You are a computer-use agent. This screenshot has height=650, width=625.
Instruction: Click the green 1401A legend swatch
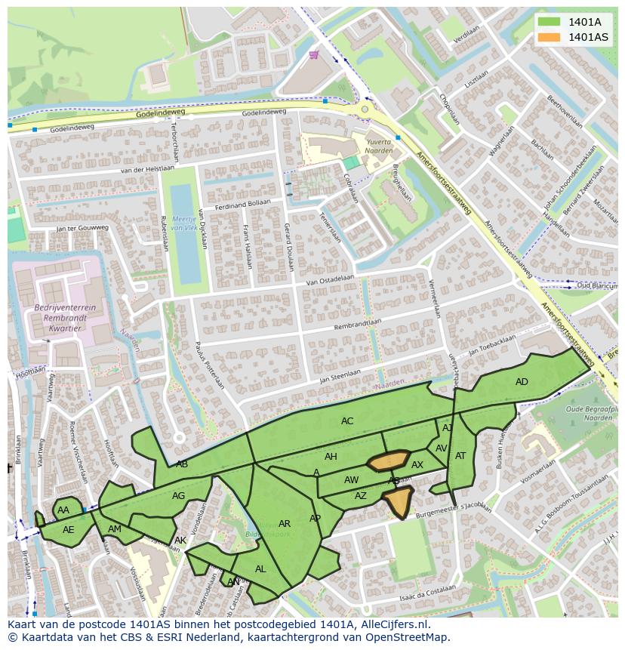click(550, 22)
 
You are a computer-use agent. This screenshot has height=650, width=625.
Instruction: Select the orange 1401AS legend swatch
click(550, 37)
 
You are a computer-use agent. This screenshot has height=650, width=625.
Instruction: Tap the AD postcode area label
click(522, 382)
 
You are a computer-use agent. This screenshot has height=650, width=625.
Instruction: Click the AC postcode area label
click(347, 421)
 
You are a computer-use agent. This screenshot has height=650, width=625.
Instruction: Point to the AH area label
click(331, 457)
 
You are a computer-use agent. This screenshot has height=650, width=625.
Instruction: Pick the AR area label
click(285, 524)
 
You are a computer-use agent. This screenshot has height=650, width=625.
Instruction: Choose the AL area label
click(260, 569)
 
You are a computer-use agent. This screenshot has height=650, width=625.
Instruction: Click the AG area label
click(178, 496)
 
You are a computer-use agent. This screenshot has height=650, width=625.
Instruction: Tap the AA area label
click(63, 510)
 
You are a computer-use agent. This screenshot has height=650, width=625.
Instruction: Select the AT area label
click(460, 456)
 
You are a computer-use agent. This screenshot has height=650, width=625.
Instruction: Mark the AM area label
click(115, 529)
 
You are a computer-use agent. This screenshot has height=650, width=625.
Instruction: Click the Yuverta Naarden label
click(379, 146)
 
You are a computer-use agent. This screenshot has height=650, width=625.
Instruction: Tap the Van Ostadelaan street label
click(330, 280)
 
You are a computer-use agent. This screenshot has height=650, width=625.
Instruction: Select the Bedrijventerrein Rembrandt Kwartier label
click(64, 318)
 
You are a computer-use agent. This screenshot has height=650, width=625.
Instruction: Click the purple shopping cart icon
click(314, 54)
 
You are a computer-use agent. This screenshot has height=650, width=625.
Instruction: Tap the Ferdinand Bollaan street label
click(242, 205)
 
